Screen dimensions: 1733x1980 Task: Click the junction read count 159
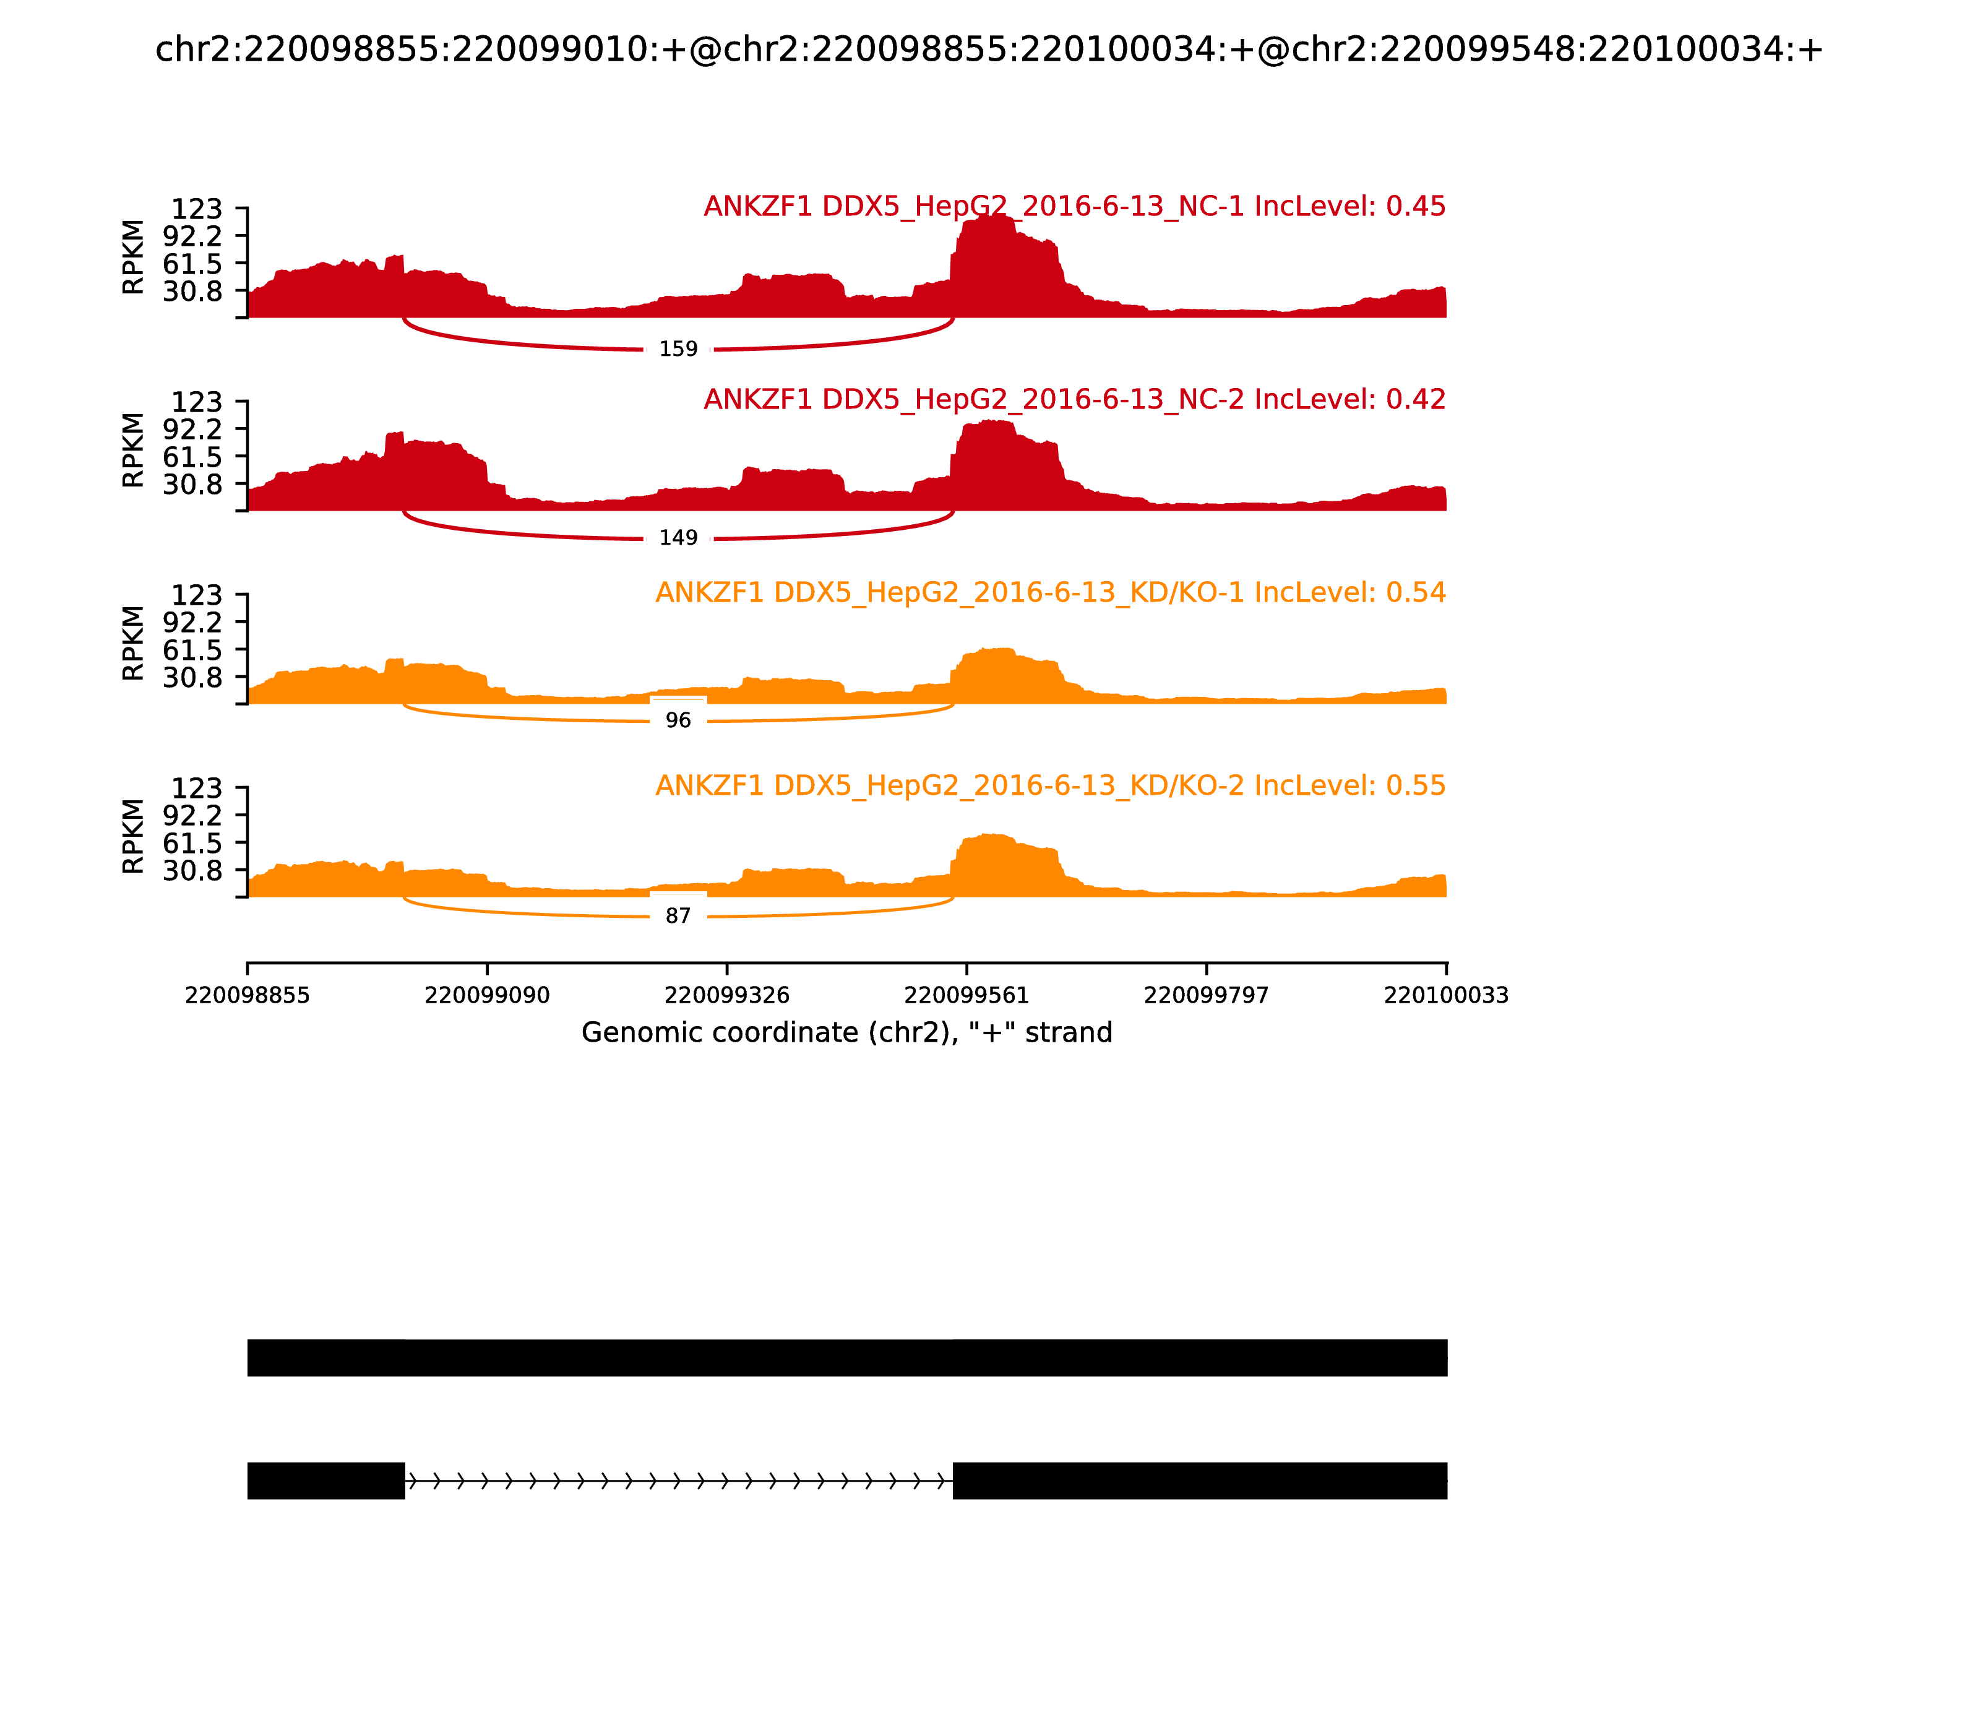coord(678,349)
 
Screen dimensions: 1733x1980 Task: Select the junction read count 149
coord(678,538)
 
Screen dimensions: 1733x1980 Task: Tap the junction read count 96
coord(678,720)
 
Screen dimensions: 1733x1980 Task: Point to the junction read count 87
coord(678,916)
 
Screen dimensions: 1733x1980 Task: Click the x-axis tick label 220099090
coord(488,996)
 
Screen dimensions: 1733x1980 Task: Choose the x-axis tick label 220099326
coord(727,996)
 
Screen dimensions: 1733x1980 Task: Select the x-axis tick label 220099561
coord(966,996)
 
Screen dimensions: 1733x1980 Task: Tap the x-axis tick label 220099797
coord(1207,996)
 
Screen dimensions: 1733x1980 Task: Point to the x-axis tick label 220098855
coord(247,996)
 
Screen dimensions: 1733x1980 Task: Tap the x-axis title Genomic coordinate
coord(847,1033)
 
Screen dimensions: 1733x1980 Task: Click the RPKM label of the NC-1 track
coord(134,257)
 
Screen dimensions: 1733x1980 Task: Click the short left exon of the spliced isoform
coord(326,1480)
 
